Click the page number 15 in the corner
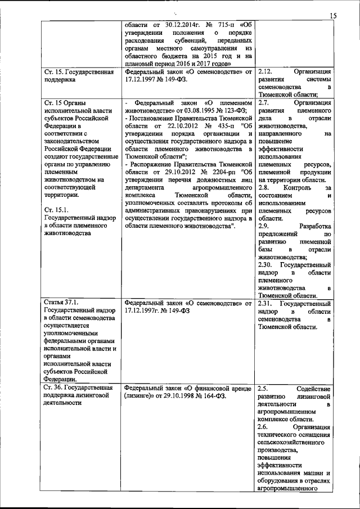[333, 17]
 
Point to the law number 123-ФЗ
[227, 111]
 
